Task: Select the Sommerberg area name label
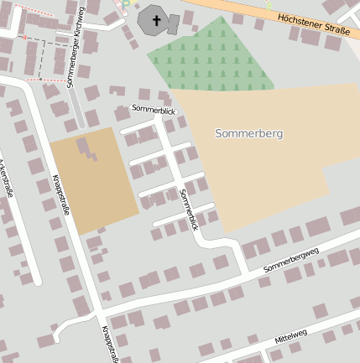point(249,133)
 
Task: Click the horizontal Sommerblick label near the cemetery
point(155,109)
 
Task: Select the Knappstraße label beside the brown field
point(61,194)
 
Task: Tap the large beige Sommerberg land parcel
point(269,168)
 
